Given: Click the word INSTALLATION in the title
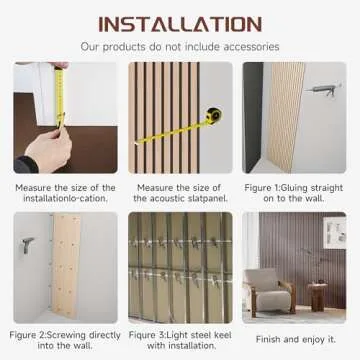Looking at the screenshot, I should (x=180, y=22).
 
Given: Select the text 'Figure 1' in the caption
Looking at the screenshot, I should (x=260, y=187).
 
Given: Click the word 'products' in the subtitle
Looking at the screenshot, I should (x=146, y=46).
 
